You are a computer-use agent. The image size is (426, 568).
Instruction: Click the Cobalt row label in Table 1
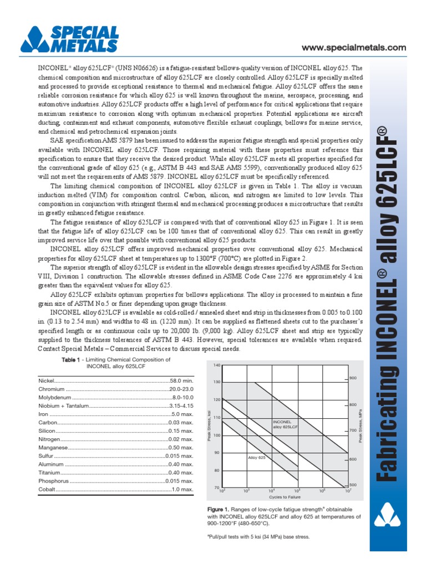[47, 489]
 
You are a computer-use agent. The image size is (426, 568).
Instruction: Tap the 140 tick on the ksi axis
[216, 365]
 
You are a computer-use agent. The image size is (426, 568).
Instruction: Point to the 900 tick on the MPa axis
[353, 378]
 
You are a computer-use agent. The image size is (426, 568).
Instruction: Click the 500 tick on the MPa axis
[353, 485]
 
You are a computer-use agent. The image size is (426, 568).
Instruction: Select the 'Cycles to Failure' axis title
[285, 497]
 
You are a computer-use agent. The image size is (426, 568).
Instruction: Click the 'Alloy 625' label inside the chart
[257, 458]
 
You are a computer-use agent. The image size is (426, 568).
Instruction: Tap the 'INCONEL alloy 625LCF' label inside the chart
[285, 425]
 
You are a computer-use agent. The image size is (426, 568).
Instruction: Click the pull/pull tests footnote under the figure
[258, 537]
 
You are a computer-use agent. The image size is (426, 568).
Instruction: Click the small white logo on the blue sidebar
[387, 514]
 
